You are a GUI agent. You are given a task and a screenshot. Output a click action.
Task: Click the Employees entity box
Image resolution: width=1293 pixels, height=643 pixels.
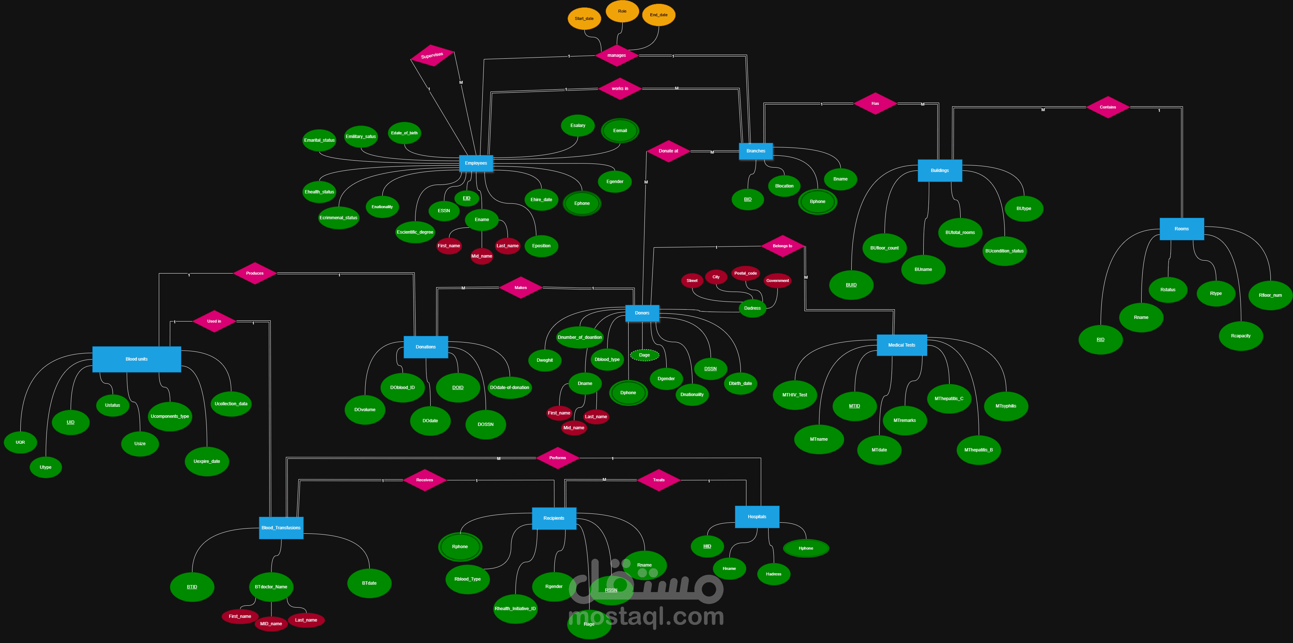click(476, 163)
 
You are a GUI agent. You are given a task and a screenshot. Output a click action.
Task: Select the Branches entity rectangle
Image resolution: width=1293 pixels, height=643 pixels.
click(755, 151)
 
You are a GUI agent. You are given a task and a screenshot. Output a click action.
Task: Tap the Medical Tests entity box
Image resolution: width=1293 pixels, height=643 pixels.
click(902, 345)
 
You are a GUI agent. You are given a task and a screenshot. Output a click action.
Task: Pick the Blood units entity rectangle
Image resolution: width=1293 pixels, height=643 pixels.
click(137, 359)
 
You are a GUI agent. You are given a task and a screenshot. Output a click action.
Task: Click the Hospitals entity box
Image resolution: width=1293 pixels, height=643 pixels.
click(757, 517)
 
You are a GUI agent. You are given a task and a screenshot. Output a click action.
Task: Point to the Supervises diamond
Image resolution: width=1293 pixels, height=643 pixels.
click(432, 56)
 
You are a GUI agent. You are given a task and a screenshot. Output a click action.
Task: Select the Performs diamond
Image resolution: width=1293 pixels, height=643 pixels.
click(557, 458)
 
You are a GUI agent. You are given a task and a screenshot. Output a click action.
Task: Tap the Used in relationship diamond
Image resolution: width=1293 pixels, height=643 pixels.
click(214, 321)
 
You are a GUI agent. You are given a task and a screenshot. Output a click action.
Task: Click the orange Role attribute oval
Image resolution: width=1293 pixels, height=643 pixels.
click(622, 11)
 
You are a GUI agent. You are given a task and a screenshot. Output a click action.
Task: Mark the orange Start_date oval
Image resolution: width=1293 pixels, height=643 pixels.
click(584, 18)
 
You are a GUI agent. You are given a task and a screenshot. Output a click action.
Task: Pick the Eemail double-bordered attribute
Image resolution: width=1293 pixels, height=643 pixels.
click(620, 130)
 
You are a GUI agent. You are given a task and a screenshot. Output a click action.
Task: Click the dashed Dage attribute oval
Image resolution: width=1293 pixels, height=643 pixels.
click(644, 355)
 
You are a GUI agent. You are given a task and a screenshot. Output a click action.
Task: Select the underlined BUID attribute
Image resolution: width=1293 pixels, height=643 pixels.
click(851, 285)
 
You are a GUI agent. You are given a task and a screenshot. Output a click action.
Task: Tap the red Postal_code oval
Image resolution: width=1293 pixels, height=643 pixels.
click(745, 274)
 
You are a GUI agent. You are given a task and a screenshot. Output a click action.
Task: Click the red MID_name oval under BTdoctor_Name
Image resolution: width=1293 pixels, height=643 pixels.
click(271, 624)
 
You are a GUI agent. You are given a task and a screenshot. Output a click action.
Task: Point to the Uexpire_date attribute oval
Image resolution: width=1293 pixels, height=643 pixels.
click(207, 461)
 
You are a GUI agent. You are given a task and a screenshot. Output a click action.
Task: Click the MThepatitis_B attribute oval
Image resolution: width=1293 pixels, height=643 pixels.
click(978, 450)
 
